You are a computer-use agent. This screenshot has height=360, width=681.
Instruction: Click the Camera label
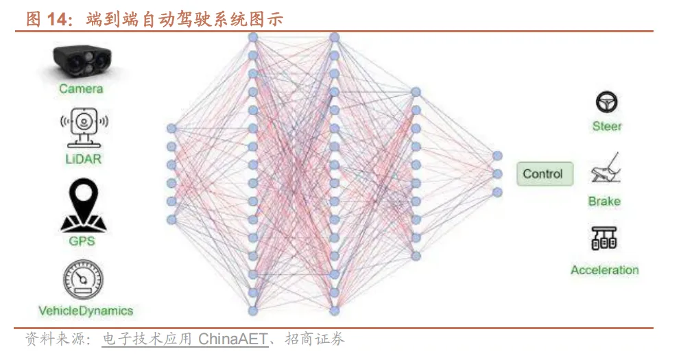click(81, 88)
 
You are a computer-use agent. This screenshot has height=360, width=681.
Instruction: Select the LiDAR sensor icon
click(82, 128)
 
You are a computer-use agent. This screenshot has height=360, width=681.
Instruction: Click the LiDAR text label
click(81, 159)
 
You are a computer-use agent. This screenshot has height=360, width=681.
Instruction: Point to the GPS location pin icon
click(82, 206)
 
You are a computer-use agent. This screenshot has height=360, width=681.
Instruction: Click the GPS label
click(82, 241)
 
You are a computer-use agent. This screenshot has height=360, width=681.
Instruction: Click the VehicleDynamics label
click(86, 311)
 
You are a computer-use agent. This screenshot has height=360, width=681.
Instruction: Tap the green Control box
click(543, 173)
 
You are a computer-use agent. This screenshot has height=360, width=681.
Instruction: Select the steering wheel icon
click(606, 103)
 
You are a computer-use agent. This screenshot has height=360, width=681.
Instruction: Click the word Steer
click(607, 126)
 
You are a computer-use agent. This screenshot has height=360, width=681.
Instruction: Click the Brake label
click(604, 201)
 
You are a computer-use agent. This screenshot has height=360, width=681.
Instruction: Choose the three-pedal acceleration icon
click(604, 238)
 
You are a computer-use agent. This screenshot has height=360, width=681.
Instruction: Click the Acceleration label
click(604, 269)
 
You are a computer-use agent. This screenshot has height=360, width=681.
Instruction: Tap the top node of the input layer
click(171, 128)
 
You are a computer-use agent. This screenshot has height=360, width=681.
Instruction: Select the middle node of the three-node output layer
click(498, 173)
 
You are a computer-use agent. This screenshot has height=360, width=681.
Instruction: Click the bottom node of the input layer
click(171, 219)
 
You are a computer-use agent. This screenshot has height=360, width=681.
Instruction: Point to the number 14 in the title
click(57, 19)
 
